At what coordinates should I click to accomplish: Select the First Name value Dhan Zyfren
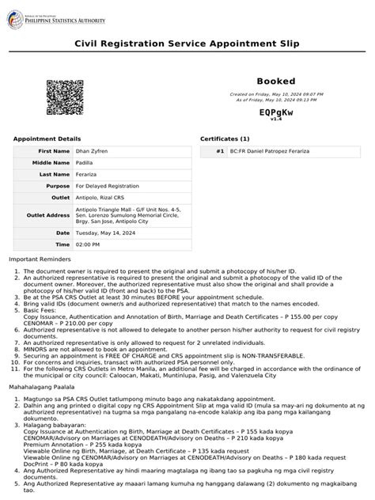pos(93,150)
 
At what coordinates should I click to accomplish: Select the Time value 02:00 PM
pos(88,245)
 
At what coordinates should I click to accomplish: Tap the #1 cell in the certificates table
pos(219,150)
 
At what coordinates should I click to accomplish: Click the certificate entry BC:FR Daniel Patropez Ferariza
pos(269,150)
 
